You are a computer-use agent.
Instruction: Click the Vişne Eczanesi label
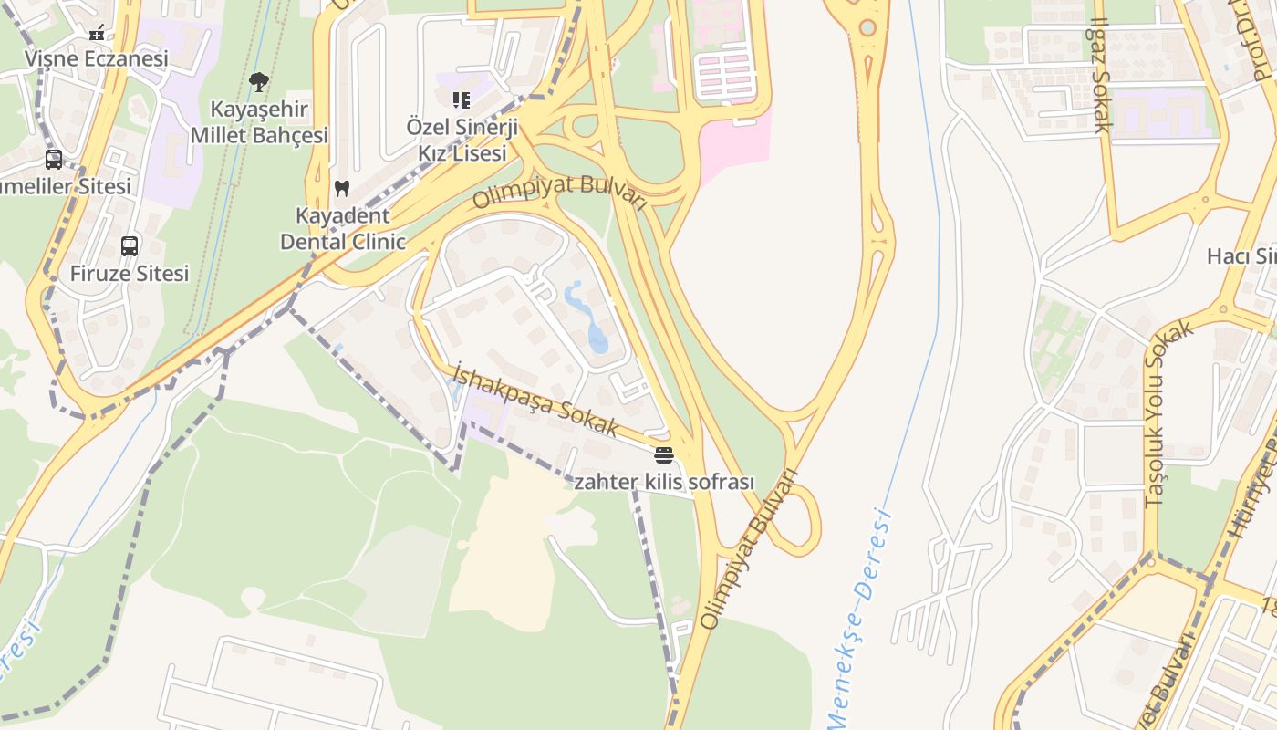(x=96, y=58)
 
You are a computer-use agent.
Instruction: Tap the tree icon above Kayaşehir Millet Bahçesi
(x=259, y=82)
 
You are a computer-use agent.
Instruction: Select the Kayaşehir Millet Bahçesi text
(x=258, y=122)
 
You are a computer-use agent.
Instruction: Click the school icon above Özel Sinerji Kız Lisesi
(x=462, y=99)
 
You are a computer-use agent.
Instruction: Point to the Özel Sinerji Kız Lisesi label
(x=462, y=140)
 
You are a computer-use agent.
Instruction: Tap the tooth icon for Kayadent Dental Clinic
(x=342, y=189)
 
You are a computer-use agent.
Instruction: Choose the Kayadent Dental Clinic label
(x=342, y=229)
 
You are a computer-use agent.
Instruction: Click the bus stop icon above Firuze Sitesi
(x=130, y=245)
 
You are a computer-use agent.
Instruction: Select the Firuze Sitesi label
(x=130, y=273)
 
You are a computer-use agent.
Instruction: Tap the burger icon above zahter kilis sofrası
(x=664, y=454)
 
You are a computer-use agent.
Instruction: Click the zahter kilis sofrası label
(x=664, y=482)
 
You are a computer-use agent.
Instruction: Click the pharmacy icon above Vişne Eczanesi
(x=97, y=34)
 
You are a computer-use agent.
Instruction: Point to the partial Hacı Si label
(x=1241, y=255)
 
